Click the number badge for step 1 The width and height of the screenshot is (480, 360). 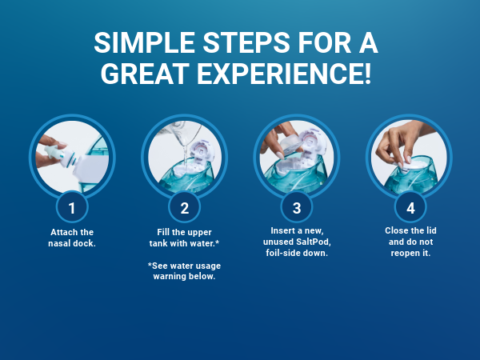click(x=72, y=208)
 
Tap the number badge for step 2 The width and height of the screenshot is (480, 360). click(x=184, y=208)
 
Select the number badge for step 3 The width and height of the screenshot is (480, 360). click(x=296, y=208)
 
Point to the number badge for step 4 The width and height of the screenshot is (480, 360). click(x=409, y=208)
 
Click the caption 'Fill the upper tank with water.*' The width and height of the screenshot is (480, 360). click(x=184, y=238)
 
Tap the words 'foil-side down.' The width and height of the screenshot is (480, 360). click(x=296, y=254)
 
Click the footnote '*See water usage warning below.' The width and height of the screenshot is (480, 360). click(x=184, y=271)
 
